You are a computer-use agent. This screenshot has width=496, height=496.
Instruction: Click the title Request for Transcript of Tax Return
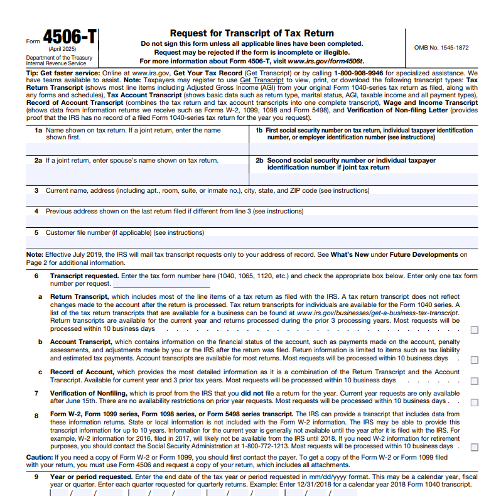tap(252, 33)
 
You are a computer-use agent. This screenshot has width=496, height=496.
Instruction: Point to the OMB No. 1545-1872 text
tap(441, 48)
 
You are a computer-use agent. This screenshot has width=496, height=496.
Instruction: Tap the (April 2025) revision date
tap(62, 49)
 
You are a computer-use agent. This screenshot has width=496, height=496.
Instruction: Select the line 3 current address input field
tap(251, 201)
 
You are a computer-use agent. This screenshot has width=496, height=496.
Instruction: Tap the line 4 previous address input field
tap(251, 221)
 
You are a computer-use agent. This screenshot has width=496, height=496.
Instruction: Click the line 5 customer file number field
tap(251, 242)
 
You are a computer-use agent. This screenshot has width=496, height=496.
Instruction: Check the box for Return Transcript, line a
tap(474, 330)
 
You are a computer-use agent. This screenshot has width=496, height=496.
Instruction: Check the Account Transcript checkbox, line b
tap(474, 360)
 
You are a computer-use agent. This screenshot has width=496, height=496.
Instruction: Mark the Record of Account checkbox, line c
tap(474, 381)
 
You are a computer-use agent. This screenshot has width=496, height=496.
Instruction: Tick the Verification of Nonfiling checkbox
tap(474, 402)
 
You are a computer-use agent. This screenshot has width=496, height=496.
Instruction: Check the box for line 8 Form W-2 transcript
tap(474, 448)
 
